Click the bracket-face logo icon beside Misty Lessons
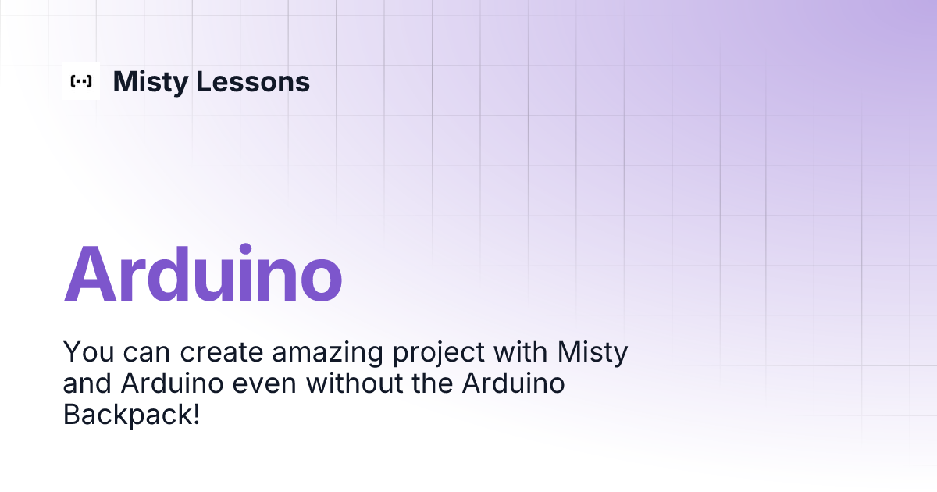[81, 81]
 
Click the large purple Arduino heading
[203, 274]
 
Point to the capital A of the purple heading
[92, 274]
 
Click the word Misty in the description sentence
[592, 354]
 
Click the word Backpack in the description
[126, 415]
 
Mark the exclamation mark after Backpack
[195, 415]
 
